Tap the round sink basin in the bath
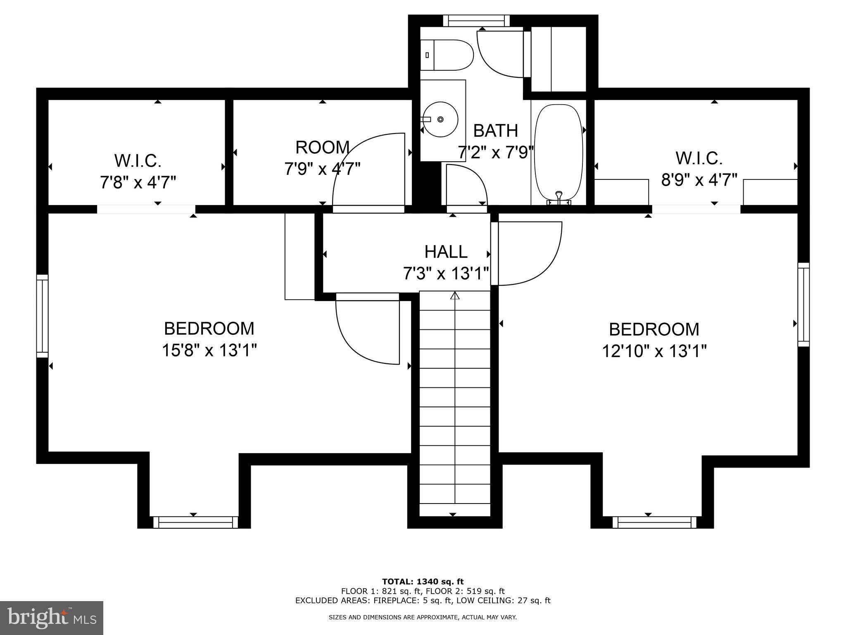click(440, 119)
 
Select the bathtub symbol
click(558, 153)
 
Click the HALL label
click(446, 252)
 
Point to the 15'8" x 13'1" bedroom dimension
click(209, 351)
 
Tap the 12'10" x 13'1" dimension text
click(654, 351)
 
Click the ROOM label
click(322, 148)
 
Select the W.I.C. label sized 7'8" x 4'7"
click(138, 161)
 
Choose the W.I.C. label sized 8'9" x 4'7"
click(699, 158)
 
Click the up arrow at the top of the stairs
click(455, 295)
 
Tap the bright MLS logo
click(52, 618)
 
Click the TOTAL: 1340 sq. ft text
click(423, 582)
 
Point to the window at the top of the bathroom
click(476, 21)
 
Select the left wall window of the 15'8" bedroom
click(43, 316)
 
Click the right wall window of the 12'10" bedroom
click(803, 305)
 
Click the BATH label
click(495, 131)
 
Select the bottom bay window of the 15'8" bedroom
click(196, 522)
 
